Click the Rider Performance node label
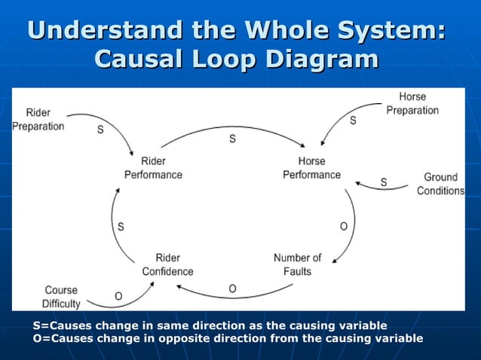point(153,168)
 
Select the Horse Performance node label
point(311,168)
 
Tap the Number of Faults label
point(297,264)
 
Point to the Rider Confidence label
point(167,264)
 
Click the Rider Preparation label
point(38,120)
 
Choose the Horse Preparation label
point(412,104)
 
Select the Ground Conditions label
point(440,184)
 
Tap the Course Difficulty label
point(61,297)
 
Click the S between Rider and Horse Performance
point(232,139)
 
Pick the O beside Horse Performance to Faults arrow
point(344,226)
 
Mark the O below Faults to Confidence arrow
point(232,288)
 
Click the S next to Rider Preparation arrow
point(100,130)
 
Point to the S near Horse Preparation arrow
point(353,121)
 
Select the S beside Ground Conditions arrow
point(384,182)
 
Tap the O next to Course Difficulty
point(118,296)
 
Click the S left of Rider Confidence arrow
point(121,226)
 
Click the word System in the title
point(392,32)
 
